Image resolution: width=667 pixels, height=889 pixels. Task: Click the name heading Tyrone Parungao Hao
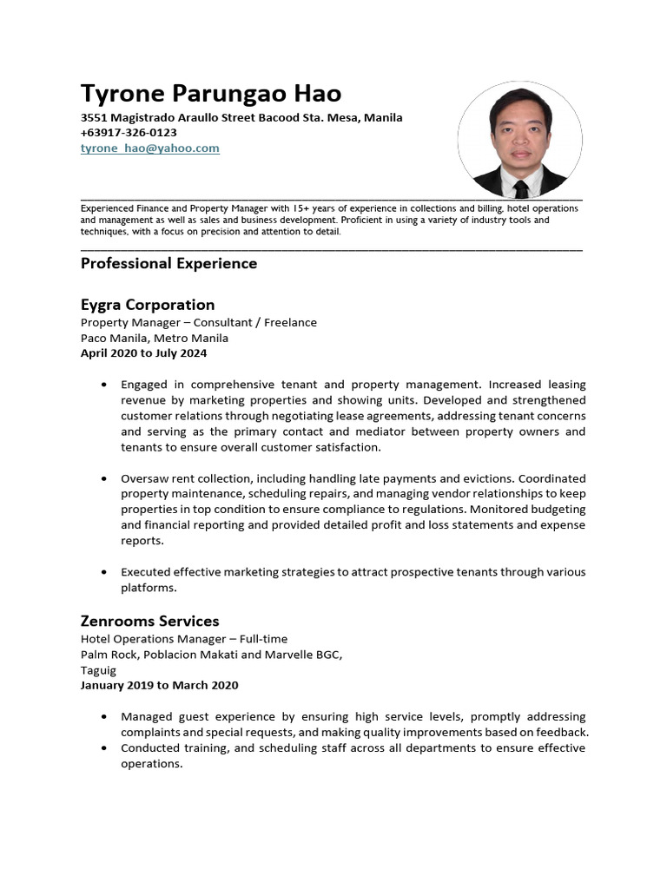coord(211,93)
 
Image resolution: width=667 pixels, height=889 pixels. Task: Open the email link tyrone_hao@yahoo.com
coord(150,148)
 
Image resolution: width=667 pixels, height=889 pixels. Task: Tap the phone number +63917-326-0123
coord(129,133)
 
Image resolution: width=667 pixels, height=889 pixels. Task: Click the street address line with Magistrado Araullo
coord(241,117)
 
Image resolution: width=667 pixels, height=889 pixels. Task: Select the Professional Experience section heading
coord(168,263)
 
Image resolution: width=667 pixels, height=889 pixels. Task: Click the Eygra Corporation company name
coord(148,305)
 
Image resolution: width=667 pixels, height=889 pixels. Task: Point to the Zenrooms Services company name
coord(149,621)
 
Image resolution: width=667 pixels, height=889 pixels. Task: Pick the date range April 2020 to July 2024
coord(143,353)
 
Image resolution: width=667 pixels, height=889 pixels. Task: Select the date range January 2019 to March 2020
coord(159,685)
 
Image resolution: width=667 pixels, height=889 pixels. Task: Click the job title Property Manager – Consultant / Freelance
coord(198,322)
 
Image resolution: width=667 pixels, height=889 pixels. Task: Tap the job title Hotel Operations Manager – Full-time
coord(183,638)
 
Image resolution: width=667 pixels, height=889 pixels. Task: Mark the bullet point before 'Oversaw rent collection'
coord(105,478)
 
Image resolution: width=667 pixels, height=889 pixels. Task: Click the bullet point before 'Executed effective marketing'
coord(105,572)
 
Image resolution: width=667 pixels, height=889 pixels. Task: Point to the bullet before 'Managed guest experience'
coord(105,717)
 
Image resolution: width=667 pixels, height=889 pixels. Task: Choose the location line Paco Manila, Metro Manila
coord(155,338)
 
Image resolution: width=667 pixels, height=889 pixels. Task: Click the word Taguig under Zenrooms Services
coord(98,670)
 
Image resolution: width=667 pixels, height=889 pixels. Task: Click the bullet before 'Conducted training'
coord(105,748)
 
